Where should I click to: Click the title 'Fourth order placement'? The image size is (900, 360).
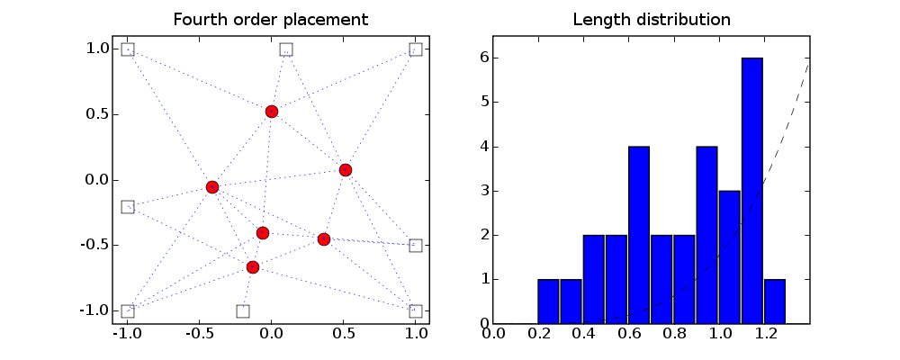pyautogui.click(x=271, y=20)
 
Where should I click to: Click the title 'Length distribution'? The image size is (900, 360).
pyautogui.click(x=652, y=20)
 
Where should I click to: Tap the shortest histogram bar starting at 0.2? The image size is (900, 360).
pyautogui.click(x=549, y=301)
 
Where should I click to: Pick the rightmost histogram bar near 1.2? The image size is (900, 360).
pyautogui.click(x=775, y=301)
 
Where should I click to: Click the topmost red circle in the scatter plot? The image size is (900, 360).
pyautogui.click(x=272, y=112)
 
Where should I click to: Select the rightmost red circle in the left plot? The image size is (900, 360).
pyautogui.click(x=346, y=170)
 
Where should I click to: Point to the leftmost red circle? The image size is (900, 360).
pyautogui.click(x=212, y=187)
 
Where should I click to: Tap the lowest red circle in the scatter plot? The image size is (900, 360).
pyautogui.click(x=253, y=267)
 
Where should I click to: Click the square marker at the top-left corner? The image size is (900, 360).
pyautogui.click(x=128, y=49)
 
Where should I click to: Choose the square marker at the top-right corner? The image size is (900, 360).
pyautogui.click(x=416, y=49)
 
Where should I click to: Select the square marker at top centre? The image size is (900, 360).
pyautogui.click(x=286, y=49)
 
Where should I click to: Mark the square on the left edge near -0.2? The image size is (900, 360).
pyautogui.click(x=128, y=207)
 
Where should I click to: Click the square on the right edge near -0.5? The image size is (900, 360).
pyautogui.click(x=416, y=246)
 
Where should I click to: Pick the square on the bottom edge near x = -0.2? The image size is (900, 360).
pyautogui.click(x=243, y=311)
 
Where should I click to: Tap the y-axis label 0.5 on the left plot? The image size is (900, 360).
pyautogui.click(x=97, y=115)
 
